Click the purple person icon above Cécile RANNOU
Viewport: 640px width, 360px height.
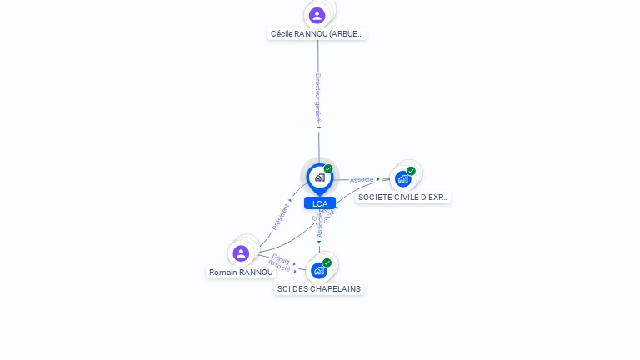pyautogui.click(x=317, y=15)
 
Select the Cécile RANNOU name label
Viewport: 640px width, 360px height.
pyautogui.click(x=317, y=34)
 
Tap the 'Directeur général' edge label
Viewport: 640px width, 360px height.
pyautogui.click(x=317, y=98)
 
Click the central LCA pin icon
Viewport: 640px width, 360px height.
pyautogui.click(x=319, y=177)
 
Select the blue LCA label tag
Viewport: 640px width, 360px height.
pyautogui.click(x=319, y=203)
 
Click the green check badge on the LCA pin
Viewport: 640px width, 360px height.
pyautogui.click(x=328, y=168)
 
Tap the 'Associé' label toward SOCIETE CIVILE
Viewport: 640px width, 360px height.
pyautogui.click(x=362, y=179)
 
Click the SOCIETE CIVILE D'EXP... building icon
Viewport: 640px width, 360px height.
pyautogui.click(x=403, y=178)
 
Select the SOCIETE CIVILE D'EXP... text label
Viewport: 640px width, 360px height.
pyautogui.click(x=403, y=197)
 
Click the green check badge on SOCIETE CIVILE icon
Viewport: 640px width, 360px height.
pyautogui.click(x=411, y=171)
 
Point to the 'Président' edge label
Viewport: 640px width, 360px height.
pyautogui.click(x=280, y=216)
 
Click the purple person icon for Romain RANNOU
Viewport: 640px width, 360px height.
pyautogui.click(x=241, y=252)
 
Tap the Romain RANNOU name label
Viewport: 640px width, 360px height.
pyautogui.click(x=241, y=272)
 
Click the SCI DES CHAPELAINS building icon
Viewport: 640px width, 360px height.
pyautogui.click(x=318, y=270)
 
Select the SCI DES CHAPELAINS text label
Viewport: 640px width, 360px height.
pyautogui.click(x=319, y=288)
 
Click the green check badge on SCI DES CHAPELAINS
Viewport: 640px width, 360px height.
pyautogui.click(x=327, y=262)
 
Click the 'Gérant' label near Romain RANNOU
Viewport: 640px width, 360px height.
pyautogui.click(x=281, y=259)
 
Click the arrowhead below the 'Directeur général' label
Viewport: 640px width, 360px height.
pyautogui.click(x=318, y=127)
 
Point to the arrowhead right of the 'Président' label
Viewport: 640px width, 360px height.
pyautogui.click(x=291, y=201)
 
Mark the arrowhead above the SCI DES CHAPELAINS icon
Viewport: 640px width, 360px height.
pyautogui.click(x=318, y=242)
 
